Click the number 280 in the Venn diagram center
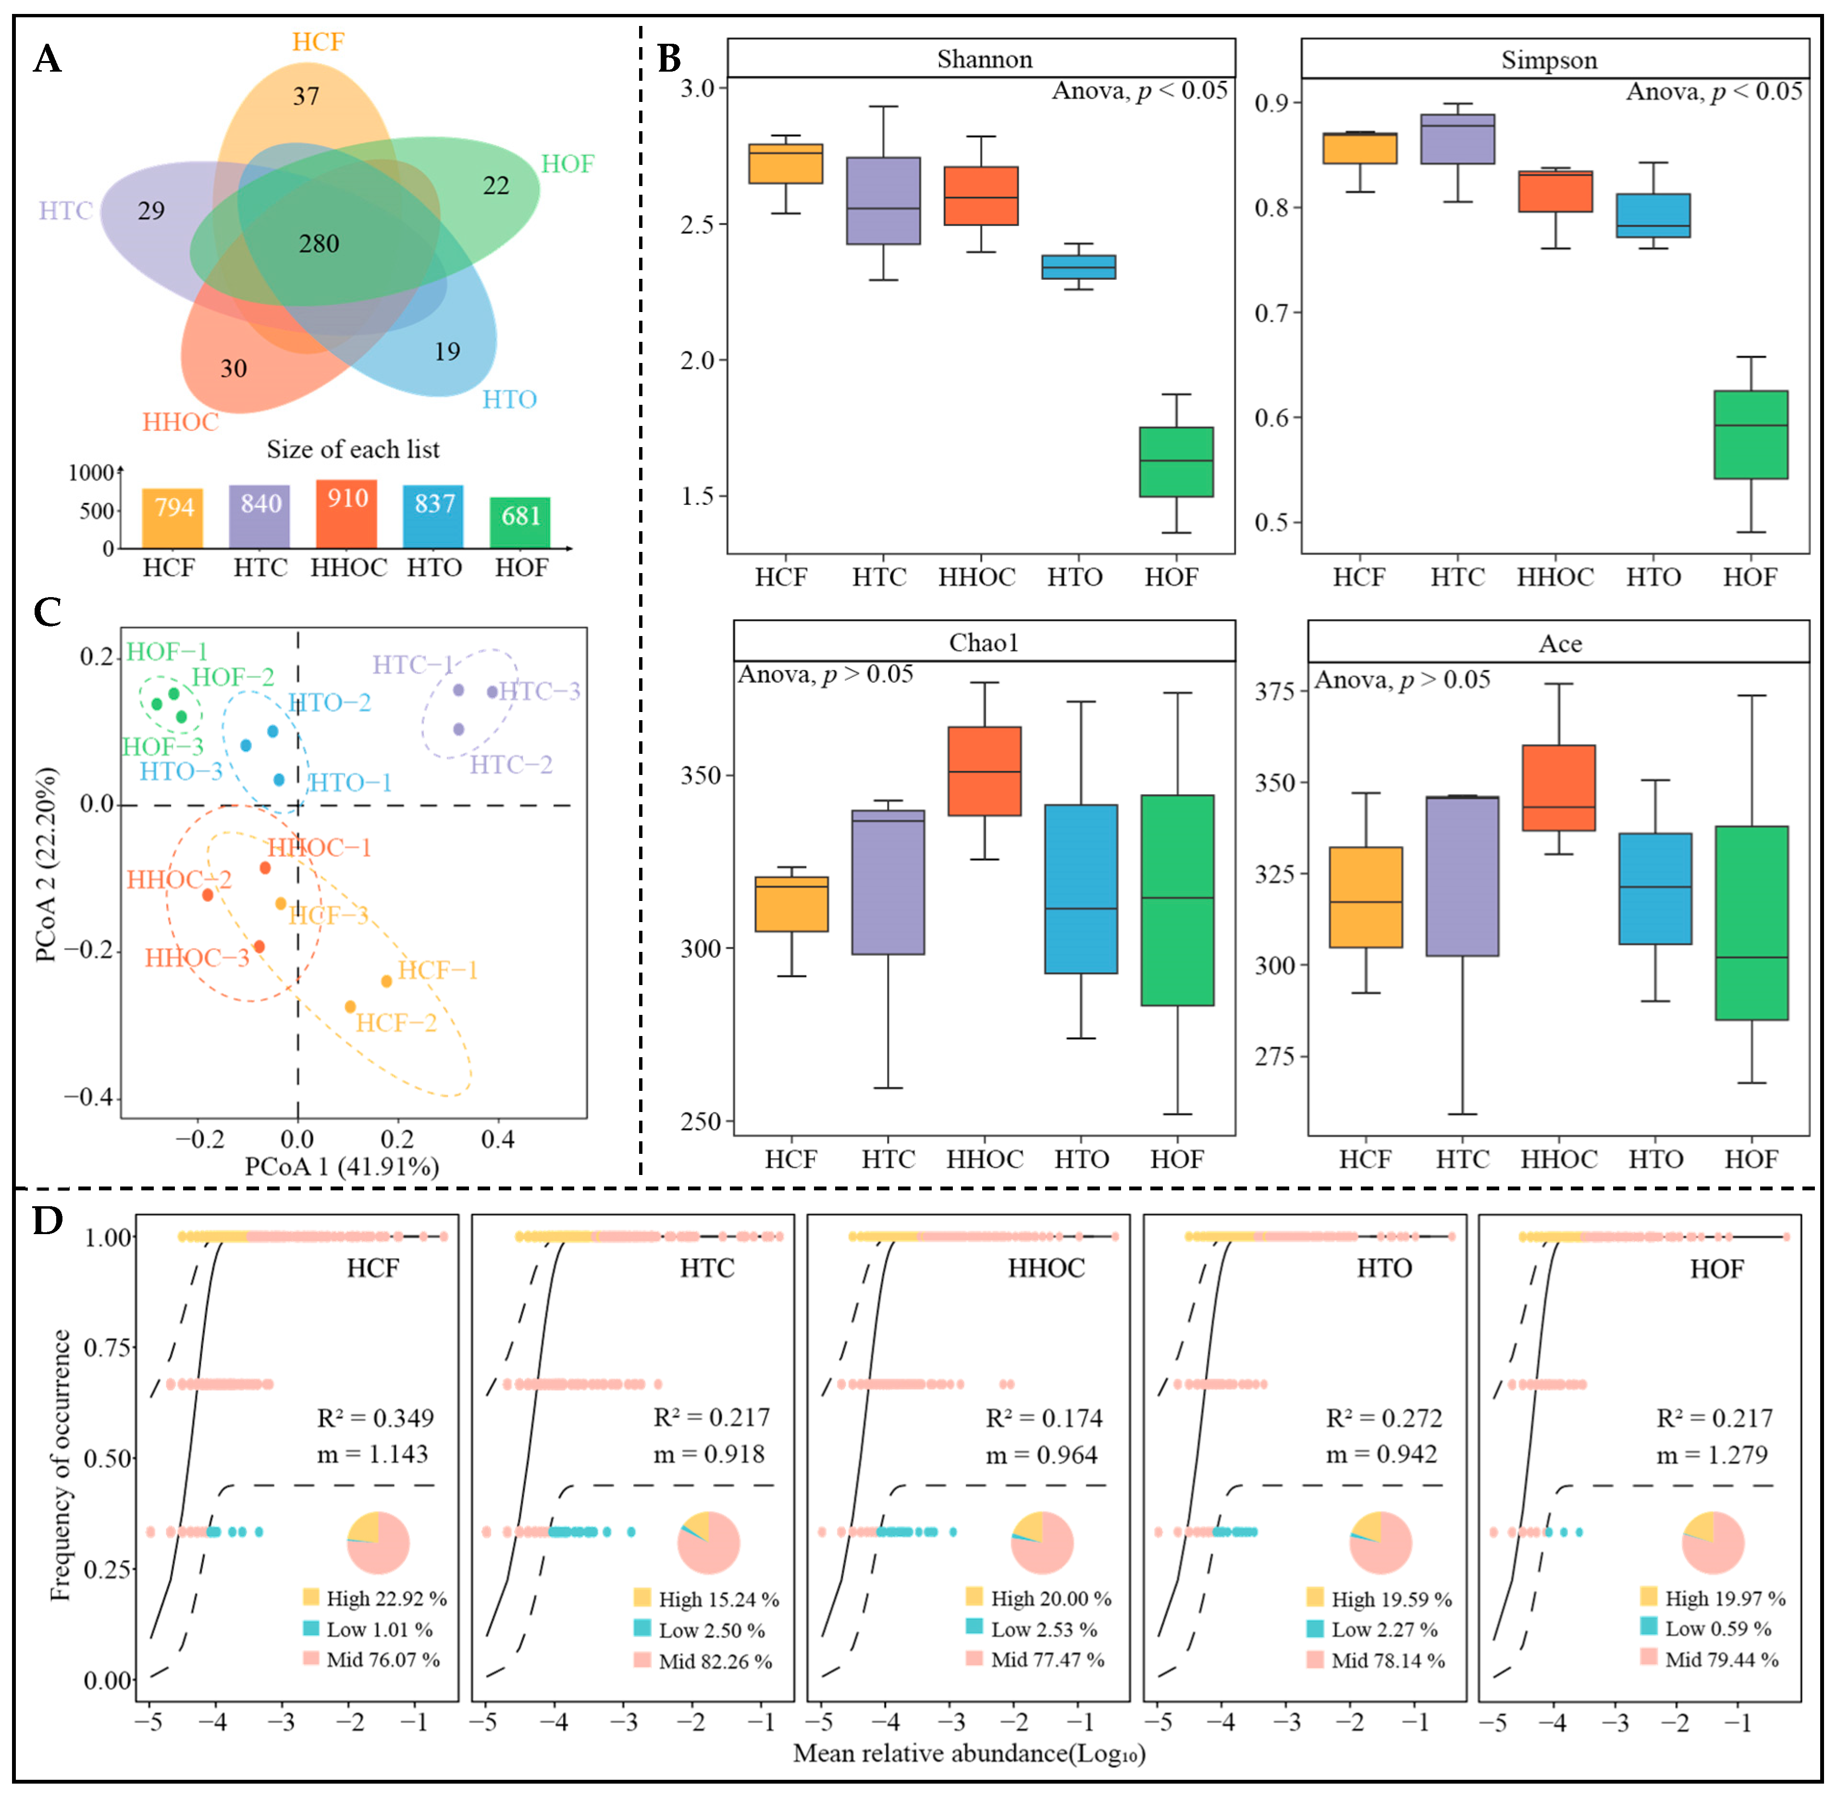point(319,244)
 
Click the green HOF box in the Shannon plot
point(1176,462)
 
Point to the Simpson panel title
point(1549,61)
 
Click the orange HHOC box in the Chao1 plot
point(984,771)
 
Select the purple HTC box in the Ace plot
point(1462,876)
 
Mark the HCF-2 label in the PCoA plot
point(397,1023)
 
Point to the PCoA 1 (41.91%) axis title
point(342,1167)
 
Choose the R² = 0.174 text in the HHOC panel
point(1044,1418)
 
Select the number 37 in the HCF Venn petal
point(306,96)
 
